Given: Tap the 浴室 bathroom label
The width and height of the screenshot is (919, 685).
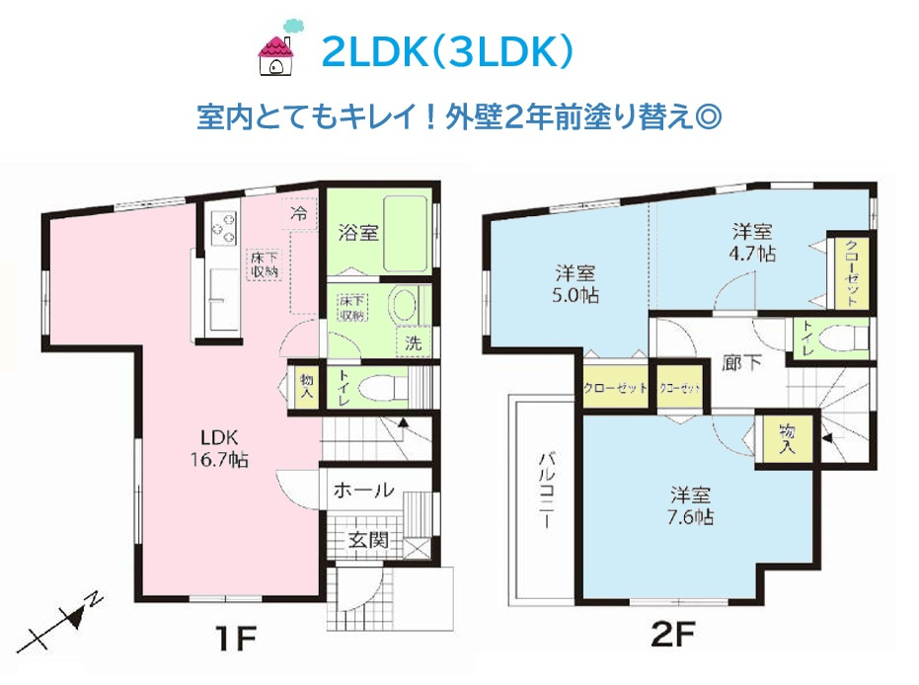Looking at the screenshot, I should pyautogui.click(x=354, y=234).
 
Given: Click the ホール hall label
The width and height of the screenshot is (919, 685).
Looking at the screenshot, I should pyautogui.click(x=364, y=490).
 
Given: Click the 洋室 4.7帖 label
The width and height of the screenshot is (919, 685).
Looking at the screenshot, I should pyautogui.click(x=752, y=243).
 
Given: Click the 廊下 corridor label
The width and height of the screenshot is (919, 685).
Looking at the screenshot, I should pyautogui.click(x=742, y=362).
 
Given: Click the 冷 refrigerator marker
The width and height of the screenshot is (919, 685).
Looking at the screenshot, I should pyautogui.click(x=297, y=211).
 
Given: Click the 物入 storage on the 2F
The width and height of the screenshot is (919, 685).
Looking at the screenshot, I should pyautogui.click(x=787, y=437).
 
